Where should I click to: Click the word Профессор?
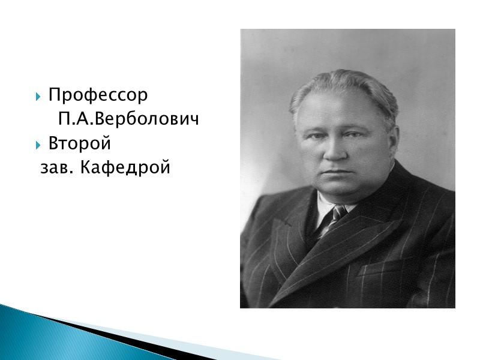(98, 95)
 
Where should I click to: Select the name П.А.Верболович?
(128, 120)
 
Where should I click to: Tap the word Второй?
(80, 145)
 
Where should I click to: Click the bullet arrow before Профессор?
(39, 96)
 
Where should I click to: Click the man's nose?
(334, 150)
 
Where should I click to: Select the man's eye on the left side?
(316, 136)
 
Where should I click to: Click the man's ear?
(394, 141)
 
